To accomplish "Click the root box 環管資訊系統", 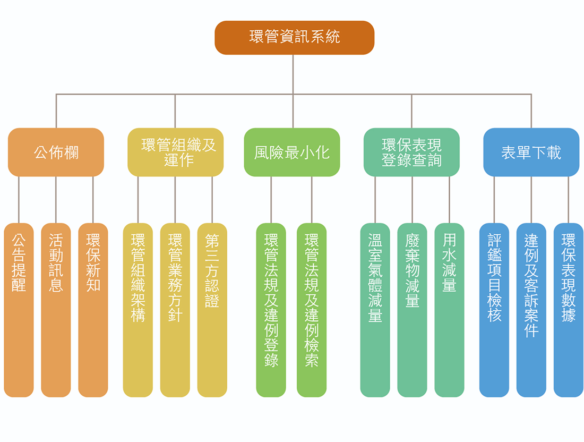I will (294, 37).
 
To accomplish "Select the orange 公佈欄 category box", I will (56, 152).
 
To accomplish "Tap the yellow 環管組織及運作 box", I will (175, 152).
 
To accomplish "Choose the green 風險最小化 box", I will (291, 152).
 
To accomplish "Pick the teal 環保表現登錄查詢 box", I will (411, 152).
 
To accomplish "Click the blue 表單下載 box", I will (531, 152).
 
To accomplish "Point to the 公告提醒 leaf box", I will (19, 310).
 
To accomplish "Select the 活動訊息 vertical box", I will (56, 310).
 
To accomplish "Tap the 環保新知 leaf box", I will (93, 310).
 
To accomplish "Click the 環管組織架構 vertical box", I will (138, 310).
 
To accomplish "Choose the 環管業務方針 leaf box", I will (175, 310).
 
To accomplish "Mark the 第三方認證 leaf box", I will (212, 310).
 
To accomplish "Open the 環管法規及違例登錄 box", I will (271, 310).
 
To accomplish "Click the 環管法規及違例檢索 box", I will (312, 310).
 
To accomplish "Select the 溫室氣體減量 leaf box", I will (375, 310).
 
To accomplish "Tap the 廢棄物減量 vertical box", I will (412, 310).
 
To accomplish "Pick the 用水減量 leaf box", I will (449, 310).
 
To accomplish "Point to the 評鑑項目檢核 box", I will (494, 310).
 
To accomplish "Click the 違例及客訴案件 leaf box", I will (531, 310).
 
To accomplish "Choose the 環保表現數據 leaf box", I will (569, 310).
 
